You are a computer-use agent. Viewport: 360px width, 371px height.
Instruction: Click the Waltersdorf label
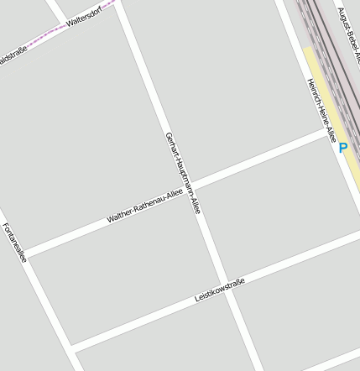pyautogui.click(x=83, y=18)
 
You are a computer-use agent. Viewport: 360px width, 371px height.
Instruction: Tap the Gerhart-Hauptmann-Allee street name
pyautogui.click(x=183, y=172)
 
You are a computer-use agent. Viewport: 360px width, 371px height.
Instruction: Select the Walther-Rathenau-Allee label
pyautogui.click(x=144, y=206)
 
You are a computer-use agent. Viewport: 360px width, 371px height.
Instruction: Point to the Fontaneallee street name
pyautogui.click(x=15, y=243)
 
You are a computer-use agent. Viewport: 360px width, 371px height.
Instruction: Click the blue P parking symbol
pyautogui.click(x=342, y=149)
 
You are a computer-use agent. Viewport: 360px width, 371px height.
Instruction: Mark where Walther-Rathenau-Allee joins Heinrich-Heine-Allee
pyautogui.click(x=327, y=132)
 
